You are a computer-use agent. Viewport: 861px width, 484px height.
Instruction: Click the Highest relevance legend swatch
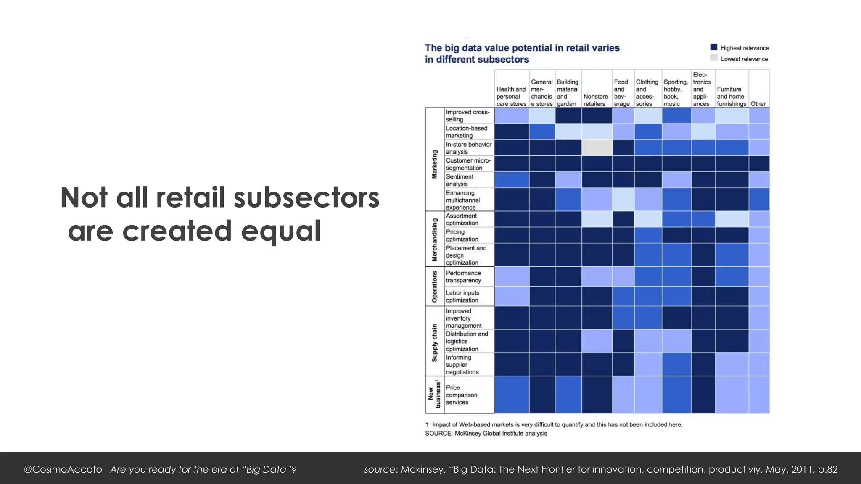pyautogui.click(x=714, y=47)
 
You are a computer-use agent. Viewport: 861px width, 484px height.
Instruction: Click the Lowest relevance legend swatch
pyautogui.click(x=714, y=58)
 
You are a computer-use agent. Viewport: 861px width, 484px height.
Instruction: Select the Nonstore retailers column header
pyautogui.click(x=596, y=100)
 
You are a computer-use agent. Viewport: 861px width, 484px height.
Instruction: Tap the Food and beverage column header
pyautogui.click(x=622, y=93)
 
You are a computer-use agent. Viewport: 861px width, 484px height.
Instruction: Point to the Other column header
pyautogui.click(x=758, y=104)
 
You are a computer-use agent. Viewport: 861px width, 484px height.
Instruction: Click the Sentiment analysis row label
pyautogui.click(x=460, y=180)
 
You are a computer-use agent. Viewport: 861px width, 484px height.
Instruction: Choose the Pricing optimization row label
pyautogui.click(x=462, y=235)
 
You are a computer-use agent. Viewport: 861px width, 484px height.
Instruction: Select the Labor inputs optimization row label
pyautogui.click(x=462, y=296)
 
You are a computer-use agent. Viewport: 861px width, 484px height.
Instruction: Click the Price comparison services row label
pyautogui.click(x=462, y=395)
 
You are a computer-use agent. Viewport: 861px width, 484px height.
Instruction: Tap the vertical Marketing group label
pyautogui.click(x=435, y=164)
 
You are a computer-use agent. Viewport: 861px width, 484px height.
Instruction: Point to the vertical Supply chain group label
pyautogui.click(x=435, y=342)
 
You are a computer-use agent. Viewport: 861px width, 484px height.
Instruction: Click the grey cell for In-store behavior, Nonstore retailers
pyautogui.click(x=597, y=148)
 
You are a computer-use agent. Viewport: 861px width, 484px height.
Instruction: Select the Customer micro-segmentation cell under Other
pyautogui.click(x=759, y=164)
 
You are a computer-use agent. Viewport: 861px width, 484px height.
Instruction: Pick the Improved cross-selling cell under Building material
pyautogui.click(x=568, y=116)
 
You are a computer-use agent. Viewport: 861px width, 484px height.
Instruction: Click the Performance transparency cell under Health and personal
pyautogui.click(x=512, y=276)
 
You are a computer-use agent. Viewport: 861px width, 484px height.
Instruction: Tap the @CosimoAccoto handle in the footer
pyautogui.click(x=63, y=469)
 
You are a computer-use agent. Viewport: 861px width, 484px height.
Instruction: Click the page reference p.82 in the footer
pyautogui.click(x=827, y=469)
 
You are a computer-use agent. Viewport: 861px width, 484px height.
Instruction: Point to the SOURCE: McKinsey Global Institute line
pyautogui.click(x=486, y=433)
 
